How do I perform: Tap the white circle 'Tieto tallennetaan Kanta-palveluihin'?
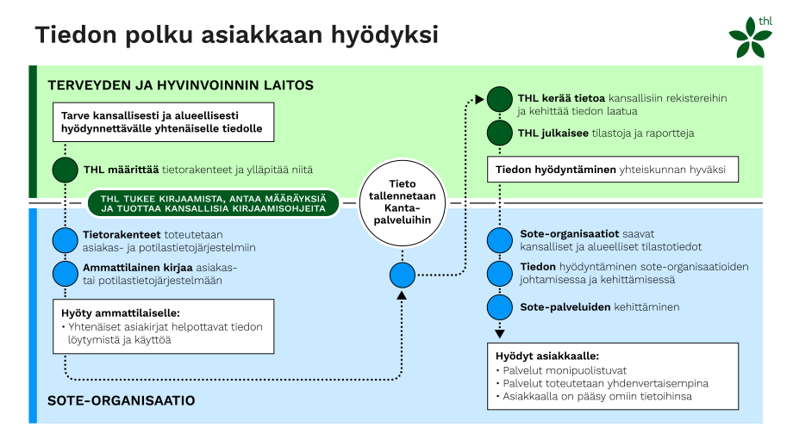point(400,201)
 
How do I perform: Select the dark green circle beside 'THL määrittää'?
point(65,170)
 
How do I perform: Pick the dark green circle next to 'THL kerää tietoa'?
point(499,99)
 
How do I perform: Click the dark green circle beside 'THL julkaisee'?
point(499,133)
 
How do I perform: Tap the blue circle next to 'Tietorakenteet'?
point(65,240)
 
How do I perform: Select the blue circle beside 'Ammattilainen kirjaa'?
point(65,274)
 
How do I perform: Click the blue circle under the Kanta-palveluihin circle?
point(401,276)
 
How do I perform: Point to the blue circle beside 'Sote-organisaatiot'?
point(499,240)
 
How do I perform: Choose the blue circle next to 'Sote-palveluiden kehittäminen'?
point(499,307)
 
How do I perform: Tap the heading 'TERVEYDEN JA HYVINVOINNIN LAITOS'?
point(180,86)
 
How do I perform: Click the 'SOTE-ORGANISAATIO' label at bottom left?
point(121,400)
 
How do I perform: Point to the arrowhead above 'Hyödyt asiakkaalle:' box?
point(499,333)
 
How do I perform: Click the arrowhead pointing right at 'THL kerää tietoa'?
point(478,100)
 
